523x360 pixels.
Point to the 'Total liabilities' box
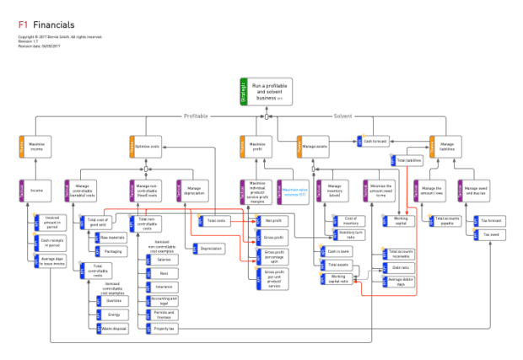click(x=408, y=160)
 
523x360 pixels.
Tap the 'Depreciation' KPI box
click(x=211, y=249)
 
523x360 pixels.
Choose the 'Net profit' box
click(x=274, y=221)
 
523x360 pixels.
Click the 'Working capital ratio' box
click(x=338, y=278)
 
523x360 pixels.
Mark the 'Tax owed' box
click(x=490, y=234)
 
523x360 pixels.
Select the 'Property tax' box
click(x=162, y=327)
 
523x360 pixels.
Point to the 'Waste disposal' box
click(x=114, y=327)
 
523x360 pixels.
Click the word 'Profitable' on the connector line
click(x=195, y=116)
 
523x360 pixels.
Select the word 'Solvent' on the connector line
click(x=342, y=116)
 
